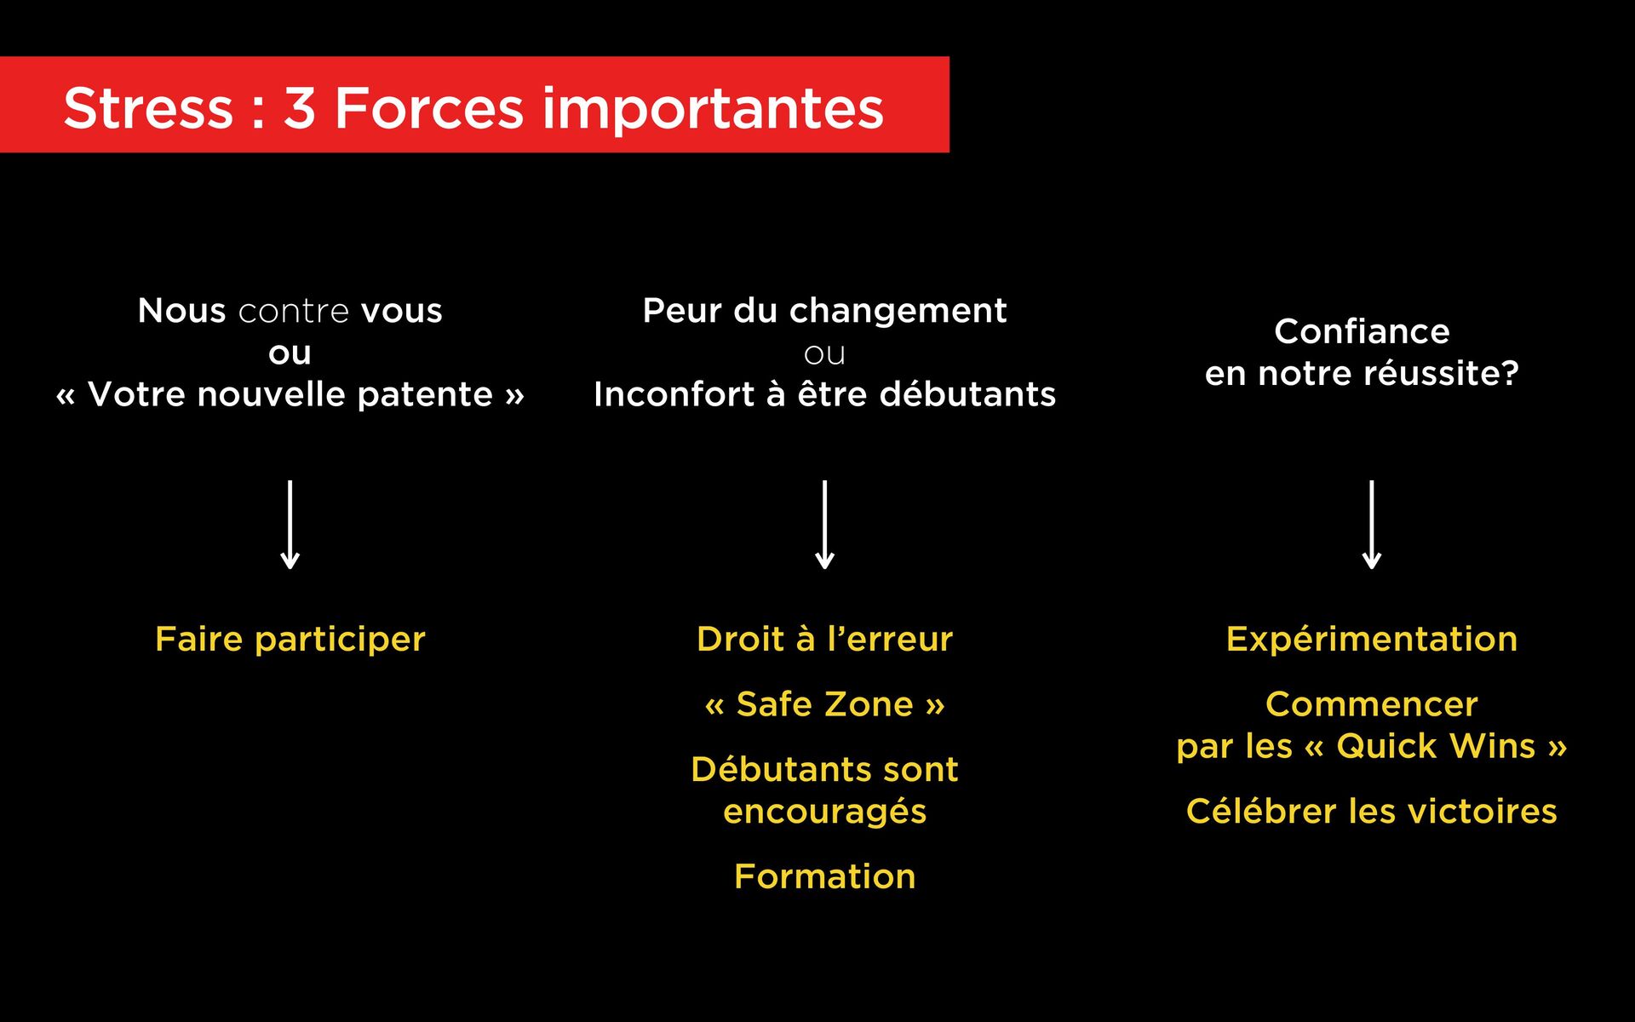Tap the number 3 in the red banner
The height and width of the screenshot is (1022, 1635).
[299, 108]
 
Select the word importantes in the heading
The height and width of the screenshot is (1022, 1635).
[713, 110]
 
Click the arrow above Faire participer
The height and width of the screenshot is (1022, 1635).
[290, 524]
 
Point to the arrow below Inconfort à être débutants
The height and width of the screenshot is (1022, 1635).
[824, 524]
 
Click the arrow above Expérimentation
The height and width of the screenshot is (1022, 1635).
[1371, 524]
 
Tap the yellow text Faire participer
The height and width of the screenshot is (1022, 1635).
[290, 639]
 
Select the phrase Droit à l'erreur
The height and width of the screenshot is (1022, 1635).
[824, 639]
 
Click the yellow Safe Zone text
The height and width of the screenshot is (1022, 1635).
[824, 704]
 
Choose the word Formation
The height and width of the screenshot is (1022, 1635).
[824, 876]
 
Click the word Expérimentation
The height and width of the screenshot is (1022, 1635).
[1371, 639]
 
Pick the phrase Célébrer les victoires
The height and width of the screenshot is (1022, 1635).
[1371, 811]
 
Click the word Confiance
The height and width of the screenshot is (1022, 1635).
[1362, 331]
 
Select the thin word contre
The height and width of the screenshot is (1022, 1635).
[293, 311]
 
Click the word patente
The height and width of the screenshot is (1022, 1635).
[425, 394]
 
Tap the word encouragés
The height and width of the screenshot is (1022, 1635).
[824, 812]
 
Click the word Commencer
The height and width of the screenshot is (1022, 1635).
[1371, 704]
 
